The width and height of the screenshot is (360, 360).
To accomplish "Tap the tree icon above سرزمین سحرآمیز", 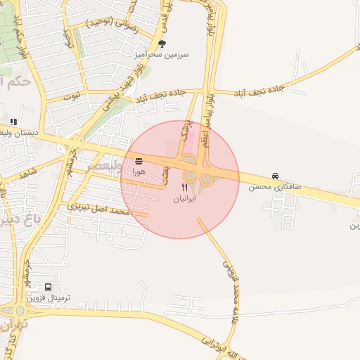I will [162, 43].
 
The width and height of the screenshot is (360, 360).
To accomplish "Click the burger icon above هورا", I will [139, 161].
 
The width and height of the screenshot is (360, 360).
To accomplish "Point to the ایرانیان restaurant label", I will [185, 199].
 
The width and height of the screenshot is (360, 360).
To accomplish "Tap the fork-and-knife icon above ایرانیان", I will [185, 188].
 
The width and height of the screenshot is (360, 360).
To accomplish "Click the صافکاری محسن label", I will [274, 187].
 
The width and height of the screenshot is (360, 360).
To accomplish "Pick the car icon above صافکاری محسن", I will [275, 176].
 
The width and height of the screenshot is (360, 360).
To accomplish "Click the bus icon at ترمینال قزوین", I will [48, 287].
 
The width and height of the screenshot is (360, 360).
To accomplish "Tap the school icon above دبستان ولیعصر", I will [13, 121].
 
